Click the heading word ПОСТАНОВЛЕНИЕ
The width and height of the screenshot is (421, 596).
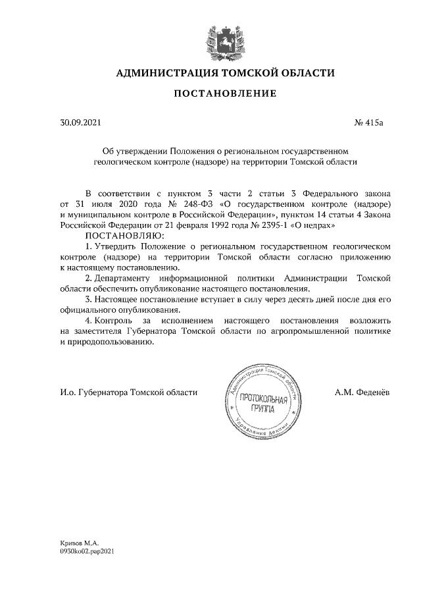[x=224, y=94]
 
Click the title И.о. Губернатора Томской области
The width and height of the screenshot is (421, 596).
[x=128, y=392]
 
